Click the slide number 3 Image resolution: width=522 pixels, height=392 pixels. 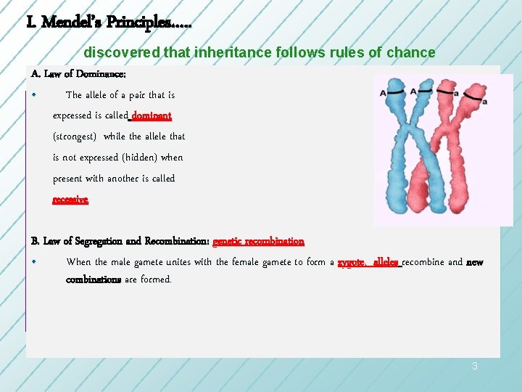(475, 367)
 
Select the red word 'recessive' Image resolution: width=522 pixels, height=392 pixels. (70, 200)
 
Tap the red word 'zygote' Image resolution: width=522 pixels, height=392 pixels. (353, 262)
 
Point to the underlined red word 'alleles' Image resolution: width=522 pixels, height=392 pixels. (386, 262)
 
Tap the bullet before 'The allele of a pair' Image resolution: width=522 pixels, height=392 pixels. (35, 95)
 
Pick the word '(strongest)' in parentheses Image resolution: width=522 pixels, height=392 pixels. (76, 136)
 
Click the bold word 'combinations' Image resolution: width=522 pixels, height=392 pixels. (94, 279)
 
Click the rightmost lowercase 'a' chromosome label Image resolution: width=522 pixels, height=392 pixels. (484, 102)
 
